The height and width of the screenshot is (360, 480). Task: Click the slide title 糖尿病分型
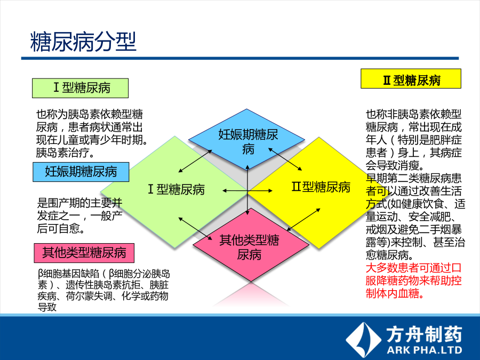(x=83, y=41)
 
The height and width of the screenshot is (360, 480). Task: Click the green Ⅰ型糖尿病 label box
(x=80, y=88)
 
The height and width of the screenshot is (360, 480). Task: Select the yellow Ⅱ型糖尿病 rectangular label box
(x=411, y=79)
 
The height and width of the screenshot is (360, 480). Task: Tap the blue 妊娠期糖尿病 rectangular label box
(x=81, y=172)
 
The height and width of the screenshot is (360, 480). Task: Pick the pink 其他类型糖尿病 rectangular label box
(x=84, y=253)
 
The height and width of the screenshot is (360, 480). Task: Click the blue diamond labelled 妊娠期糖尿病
(x=247, y=139)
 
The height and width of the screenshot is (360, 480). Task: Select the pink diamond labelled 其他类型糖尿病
(x=251, y=245)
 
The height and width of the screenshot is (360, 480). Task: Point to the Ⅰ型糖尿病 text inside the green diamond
(x=177, y=189)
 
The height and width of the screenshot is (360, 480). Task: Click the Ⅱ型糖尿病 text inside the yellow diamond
(x=321, y=187)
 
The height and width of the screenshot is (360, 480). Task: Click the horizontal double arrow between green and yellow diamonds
(x=247, y=191)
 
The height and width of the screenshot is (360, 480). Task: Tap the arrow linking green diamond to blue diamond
(x=195, y=161)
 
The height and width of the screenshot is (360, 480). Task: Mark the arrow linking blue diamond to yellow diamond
(x=285, y=159)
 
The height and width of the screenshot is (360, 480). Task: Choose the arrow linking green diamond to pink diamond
(x=195, y=229)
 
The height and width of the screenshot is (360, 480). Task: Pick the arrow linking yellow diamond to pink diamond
(x=303, y=220)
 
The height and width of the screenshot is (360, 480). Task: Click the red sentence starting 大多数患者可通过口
(x=413, y=281)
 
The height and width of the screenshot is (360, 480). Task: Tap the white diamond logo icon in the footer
(x=363, y=340)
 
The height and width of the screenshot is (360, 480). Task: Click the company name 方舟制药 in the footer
(x=424, y=334)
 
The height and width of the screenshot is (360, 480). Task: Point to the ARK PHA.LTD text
(x=425, y=350)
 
